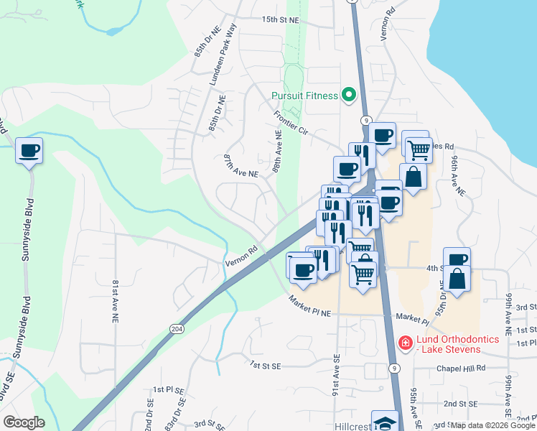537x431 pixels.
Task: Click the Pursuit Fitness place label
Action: (304, 96)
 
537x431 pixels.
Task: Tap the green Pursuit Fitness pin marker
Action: (349, 94)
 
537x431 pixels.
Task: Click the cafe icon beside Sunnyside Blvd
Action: (29, 152)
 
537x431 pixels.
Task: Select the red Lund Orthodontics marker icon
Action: (405, 343)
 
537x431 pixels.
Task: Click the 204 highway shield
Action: (176, 328)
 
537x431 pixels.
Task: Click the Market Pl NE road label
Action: (309, 307)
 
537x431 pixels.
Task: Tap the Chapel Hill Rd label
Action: (461, 368)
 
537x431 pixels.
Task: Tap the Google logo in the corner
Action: (23, 422)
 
